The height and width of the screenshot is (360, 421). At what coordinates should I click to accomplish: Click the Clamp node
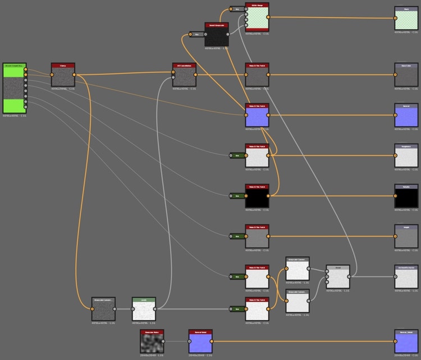coord(63,75)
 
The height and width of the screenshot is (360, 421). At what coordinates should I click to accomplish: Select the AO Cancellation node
coord(184,75)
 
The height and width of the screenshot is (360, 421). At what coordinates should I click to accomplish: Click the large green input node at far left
coord(15,89)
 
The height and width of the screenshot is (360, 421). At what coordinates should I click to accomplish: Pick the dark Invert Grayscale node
coord(217,35)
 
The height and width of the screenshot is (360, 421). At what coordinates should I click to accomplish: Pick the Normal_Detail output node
coord(406,341)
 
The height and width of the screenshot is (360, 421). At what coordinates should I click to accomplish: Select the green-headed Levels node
coord(144,309)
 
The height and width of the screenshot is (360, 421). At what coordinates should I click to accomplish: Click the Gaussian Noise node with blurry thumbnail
coord(152,341)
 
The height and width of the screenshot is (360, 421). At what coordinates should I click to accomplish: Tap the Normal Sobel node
coord(200,341)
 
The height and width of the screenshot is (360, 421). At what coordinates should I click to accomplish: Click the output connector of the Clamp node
coord(75,75)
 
